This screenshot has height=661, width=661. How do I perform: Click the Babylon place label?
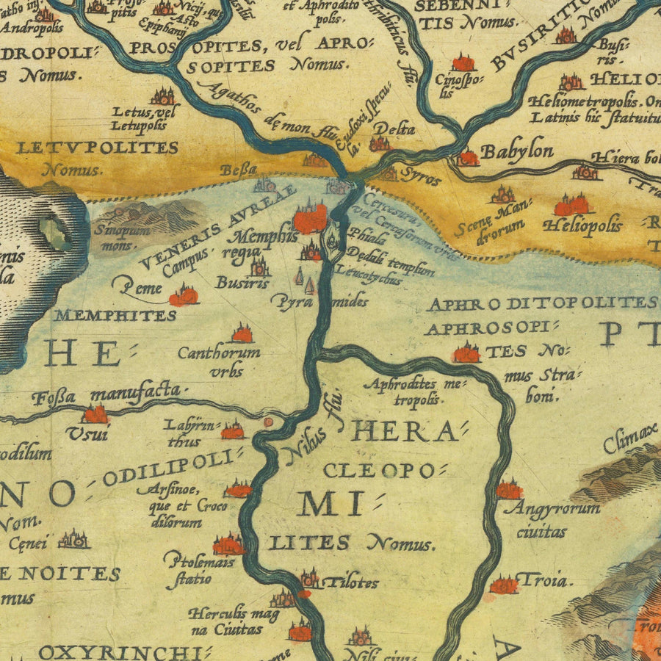coord(517,152)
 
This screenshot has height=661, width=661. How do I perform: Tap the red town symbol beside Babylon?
coord(467,157)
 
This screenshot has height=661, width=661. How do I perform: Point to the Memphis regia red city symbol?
coord(311,218)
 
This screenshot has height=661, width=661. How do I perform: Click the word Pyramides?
coord(319,301)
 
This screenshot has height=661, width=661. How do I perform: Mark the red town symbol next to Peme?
coord(184,296)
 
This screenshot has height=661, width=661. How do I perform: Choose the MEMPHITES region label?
coord(115,316)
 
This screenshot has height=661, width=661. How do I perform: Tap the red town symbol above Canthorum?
coord(242,335)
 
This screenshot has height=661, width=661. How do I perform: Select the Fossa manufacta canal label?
coord(106,395)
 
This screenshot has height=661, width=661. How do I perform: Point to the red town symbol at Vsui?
coord(95,415)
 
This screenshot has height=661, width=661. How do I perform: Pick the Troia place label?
coord(544,581)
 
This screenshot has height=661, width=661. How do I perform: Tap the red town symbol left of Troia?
coord(503,585)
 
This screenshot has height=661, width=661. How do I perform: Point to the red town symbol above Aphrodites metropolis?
coord(466,353)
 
